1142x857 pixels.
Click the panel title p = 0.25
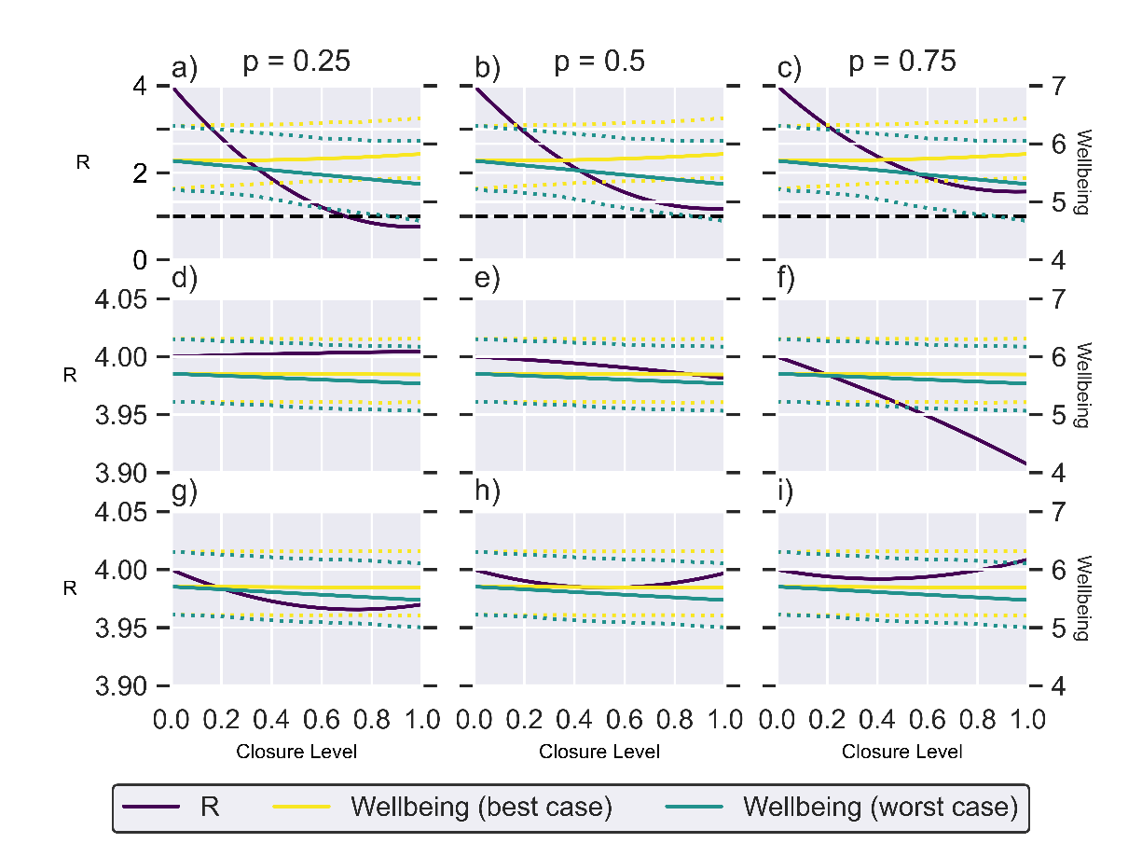pos(296,62)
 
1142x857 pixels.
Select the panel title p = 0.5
pos(599,62)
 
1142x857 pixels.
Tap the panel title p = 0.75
pos(901,62)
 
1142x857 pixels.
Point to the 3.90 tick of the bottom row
pos(119,686)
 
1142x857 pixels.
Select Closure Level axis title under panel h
pos(599,752)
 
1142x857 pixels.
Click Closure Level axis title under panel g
pos(296,752)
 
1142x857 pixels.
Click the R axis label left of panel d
pos(70,377)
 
